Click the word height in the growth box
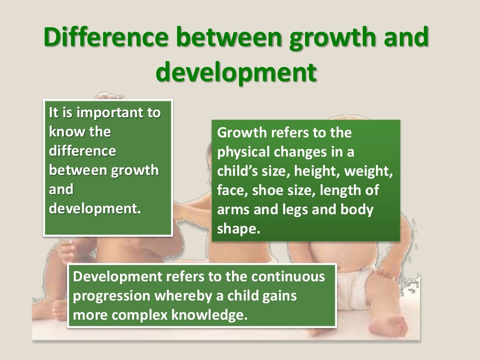[319, 172]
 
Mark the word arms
[233, 210]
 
